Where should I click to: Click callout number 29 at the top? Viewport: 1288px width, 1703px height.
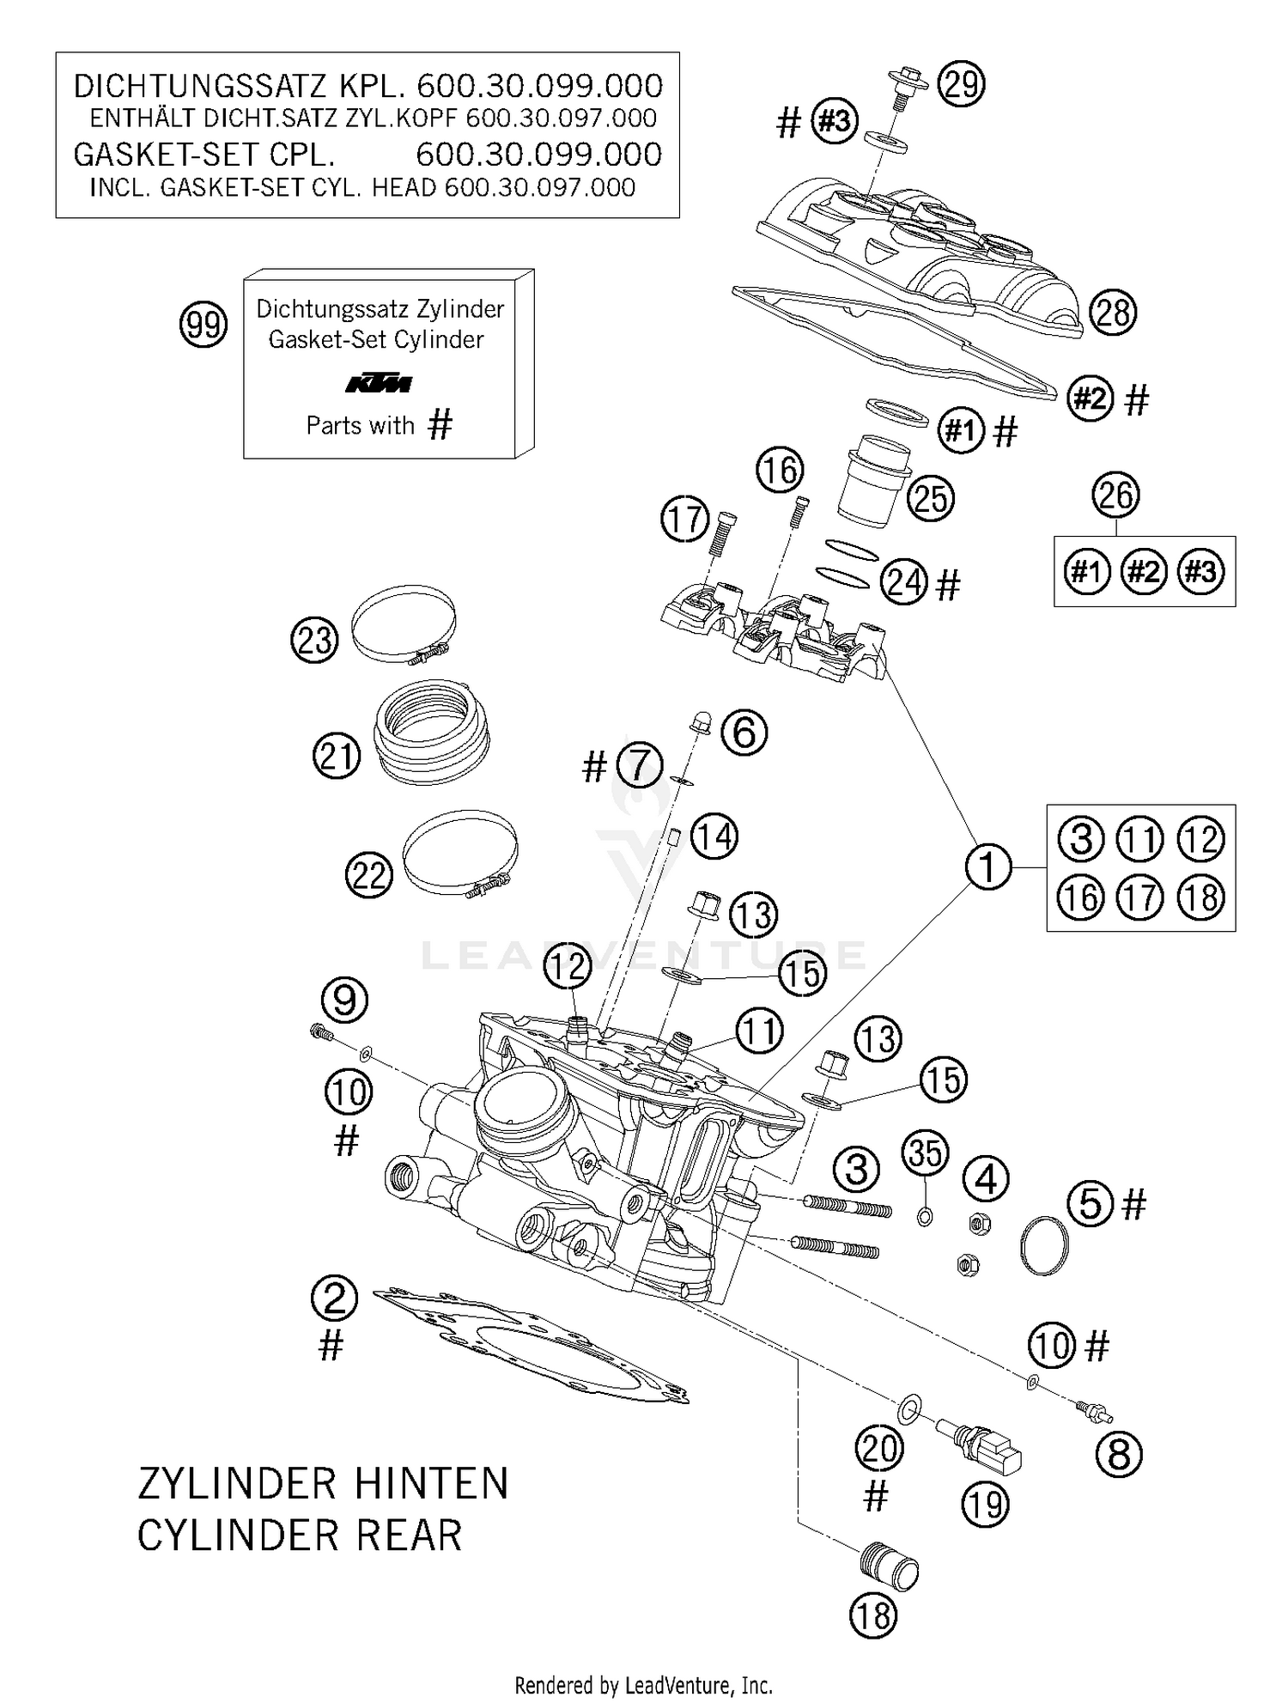coord(961,84)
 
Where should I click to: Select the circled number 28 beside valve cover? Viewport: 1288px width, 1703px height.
coord(1113,313)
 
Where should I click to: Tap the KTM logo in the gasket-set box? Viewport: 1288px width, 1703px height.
coord(379,384)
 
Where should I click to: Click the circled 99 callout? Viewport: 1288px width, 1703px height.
coord(204,325)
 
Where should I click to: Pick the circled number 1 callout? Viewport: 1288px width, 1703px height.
coord(987,867)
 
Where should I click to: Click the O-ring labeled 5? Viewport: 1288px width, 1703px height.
coord(1045,1244)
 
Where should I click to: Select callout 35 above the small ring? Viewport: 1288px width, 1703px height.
coord(926,1153)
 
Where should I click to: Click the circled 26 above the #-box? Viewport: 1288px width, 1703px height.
coord(1115,496)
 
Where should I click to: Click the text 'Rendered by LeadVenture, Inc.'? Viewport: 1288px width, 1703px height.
coord(643,1686)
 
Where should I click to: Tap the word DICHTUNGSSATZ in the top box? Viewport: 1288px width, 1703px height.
coord(199,87)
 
